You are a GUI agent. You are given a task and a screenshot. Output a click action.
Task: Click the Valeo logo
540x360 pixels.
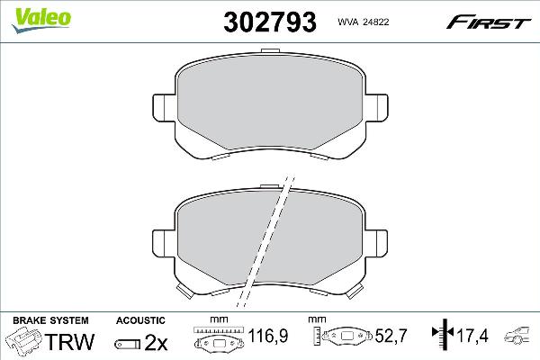41,20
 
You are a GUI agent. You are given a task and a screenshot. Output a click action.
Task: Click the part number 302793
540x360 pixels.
270,22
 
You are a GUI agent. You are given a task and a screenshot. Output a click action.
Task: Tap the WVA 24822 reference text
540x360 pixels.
364,22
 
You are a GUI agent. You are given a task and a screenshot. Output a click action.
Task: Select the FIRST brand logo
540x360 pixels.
489,22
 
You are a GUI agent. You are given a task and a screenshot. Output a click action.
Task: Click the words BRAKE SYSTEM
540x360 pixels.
50,320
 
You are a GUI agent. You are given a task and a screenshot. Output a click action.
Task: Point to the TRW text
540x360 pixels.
69,341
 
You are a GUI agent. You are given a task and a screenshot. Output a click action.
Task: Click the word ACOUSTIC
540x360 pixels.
140,320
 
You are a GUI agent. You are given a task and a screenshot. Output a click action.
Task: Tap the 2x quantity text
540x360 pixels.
156,342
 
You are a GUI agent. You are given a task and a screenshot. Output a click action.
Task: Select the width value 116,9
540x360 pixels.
268,336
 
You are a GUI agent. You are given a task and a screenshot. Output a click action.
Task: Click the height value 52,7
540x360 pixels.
391,336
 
